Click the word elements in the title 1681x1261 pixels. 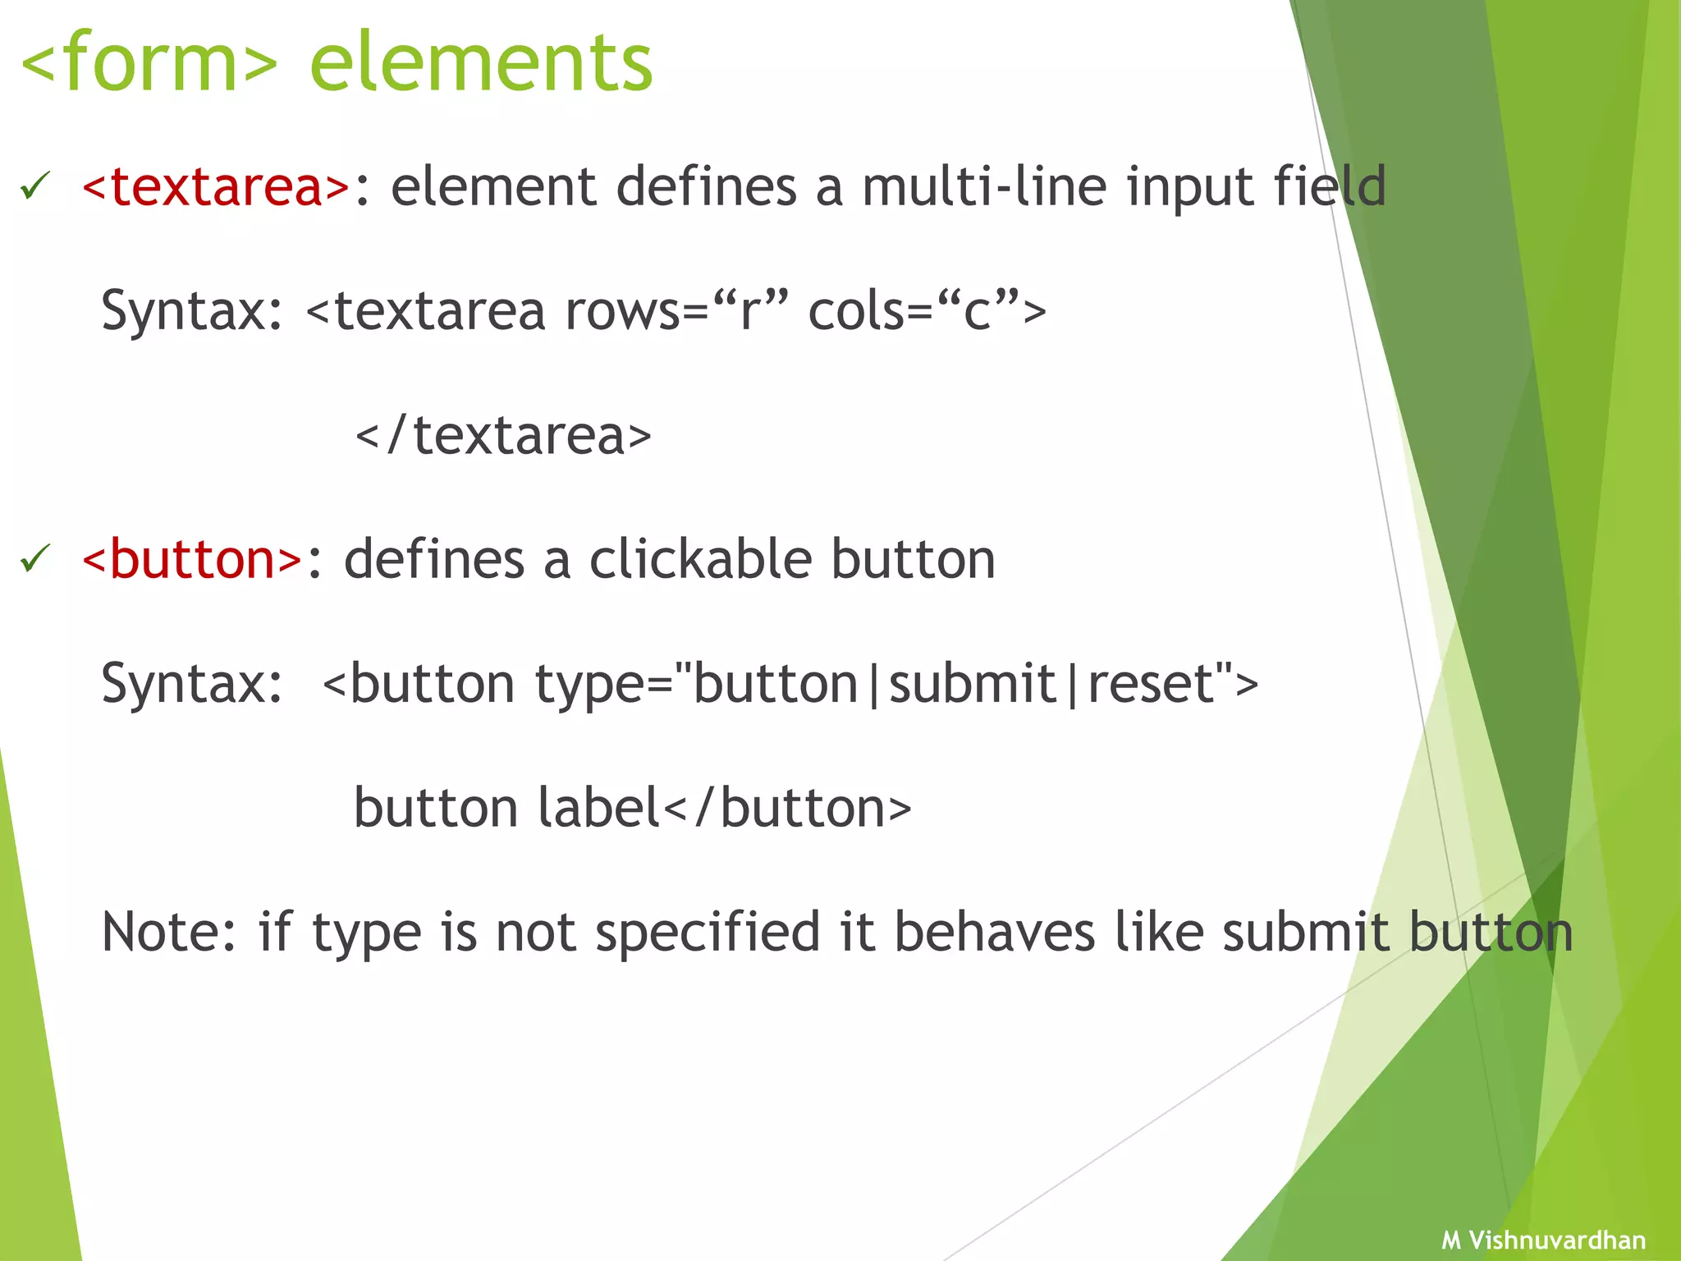coord(481,62)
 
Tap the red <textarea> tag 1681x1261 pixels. coord(217,186)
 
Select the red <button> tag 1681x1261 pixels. coord(193,560)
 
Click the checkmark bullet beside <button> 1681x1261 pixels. coord(35,559)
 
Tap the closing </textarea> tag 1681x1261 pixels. coord(502,436)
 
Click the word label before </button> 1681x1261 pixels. coord(599,809)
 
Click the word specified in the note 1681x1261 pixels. coord(708,934)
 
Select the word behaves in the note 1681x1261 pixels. coord(994,933)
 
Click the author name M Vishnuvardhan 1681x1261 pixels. coord(1543,1240)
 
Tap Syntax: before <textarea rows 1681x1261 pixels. coord(192,311)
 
